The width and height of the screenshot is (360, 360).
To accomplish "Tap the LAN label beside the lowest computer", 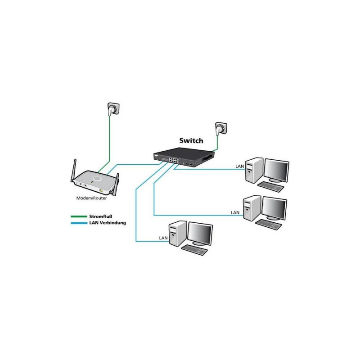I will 164,237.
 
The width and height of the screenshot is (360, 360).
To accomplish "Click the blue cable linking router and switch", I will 135,164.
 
